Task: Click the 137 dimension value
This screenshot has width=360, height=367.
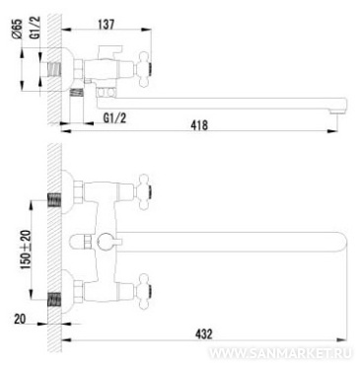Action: (x=107, y=24)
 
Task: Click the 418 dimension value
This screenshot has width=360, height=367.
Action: (x=199, y=125)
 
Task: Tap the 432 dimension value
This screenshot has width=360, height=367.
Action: (x=204, y=334)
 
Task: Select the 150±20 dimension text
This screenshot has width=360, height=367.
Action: (x=26, y=250)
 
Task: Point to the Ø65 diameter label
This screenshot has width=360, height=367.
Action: (x=17, y=29)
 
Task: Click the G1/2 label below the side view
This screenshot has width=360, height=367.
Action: (x=114, y=117)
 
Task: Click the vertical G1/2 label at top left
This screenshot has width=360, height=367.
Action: (x=36, y=28)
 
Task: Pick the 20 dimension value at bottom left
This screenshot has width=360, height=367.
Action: (x=20, y=319)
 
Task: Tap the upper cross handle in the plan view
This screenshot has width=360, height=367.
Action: (x=145, y=191)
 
